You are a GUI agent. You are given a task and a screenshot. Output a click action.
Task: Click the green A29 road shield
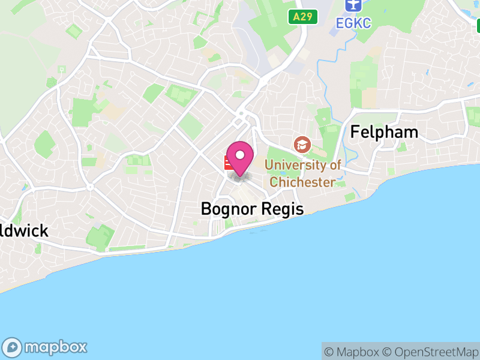pos(302,17)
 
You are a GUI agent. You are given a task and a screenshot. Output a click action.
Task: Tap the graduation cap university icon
pos(302,145)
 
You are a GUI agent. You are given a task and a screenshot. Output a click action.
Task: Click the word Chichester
pos(302,181)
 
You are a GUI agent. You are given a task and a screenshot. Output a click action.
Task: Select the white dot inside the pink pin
pos(241,155)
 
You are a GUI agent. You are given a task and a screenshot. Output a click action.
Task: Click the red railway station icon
pos(229,163)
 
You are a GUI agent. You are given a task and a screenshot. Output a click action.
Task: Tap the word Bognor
pos(229,209)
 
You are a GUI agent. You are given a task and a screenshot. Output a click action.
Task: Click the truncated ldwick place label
pos(24,231)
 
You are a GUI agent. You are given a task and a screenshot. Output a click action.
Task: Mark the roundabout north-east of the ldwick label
pos(90,187)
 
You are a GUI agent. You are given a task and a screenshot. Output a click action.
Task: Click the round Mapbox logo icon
pos(13,347)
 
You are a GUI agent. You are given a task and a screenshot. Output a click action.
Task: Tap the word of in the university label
pos(335,164)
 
